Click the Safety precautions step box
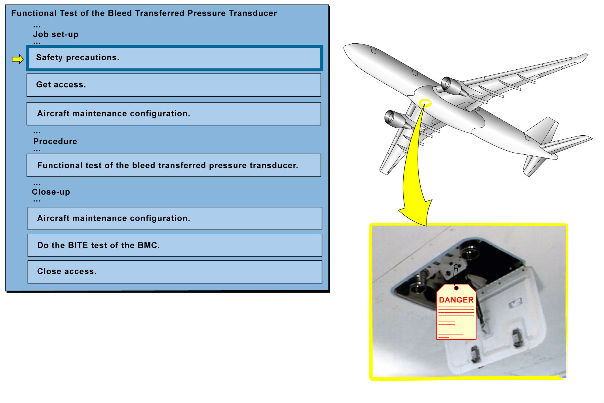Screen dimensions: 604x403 175,58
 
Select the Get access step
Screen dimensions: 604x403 174,85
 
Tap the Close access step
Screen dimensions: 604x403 175,272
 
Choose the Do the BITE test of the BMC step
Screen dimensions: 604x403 175,245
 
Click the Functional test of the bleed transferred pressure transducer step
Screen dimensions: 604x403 174,165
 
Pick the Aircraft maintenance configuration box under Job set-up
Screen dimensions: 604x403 174,114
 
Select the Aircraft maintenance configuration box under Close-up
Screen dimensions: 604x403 175,218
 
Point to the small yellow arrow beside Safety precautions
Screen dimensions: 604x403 18,59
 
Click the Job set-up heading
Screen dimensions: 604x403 56,34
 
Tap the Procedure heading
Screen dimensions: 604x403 55,141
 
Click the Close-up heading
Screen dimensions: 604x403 51,192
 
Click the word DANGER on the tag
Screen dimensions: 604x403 456,300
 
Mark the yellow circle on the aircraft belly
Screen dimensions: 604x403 425,103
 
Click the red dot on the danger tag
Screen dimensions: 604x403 456,288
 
